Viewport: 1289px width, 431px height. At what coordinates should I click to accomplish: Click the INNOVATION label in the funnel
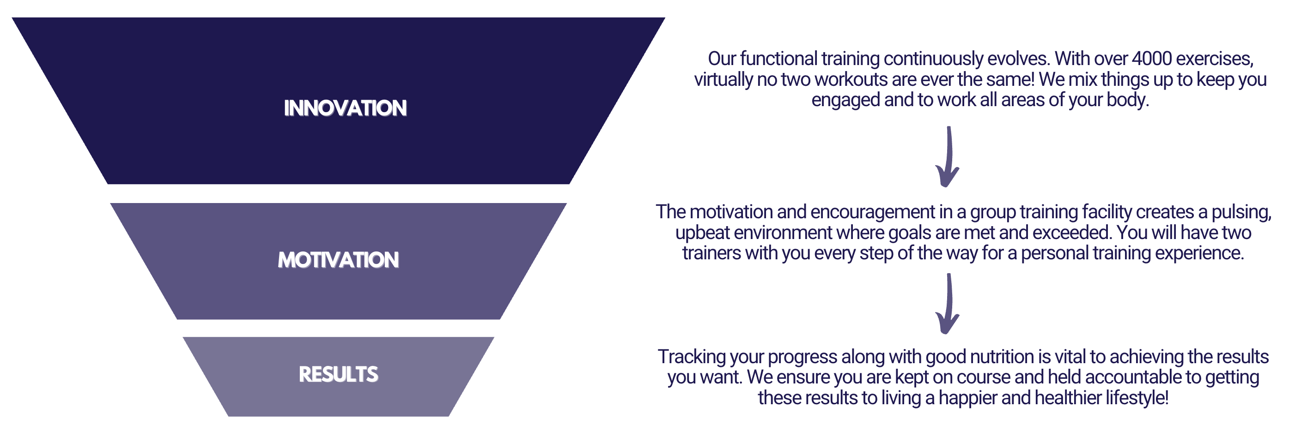(x=345, y=108)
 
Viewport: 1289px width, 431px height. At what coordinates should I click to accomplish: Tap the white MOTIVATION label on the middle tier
(x=338, y=260)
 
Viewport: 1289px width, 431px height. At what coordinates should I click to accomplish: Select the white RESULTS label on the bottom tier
(x=338, y=374)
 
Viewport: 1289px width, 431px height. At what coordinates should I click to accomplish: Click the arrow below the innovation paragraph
(x=948, y=156)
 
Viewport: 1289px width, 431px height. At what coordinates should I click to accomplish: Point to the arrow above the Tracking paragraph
(x=948, y=304)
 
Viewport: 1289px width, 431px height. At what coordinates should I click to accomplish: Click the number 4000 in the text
(x=1151, y=59)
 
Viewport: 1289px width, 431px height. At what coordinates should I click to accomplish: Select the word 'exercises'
(x=1215, y=60)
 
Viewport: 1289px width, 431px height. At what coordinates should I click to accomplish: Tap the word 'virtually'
(x=723, y=80)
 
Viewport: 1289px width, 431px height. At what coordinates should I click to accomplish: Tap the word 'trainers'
(x=711, y=253)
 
